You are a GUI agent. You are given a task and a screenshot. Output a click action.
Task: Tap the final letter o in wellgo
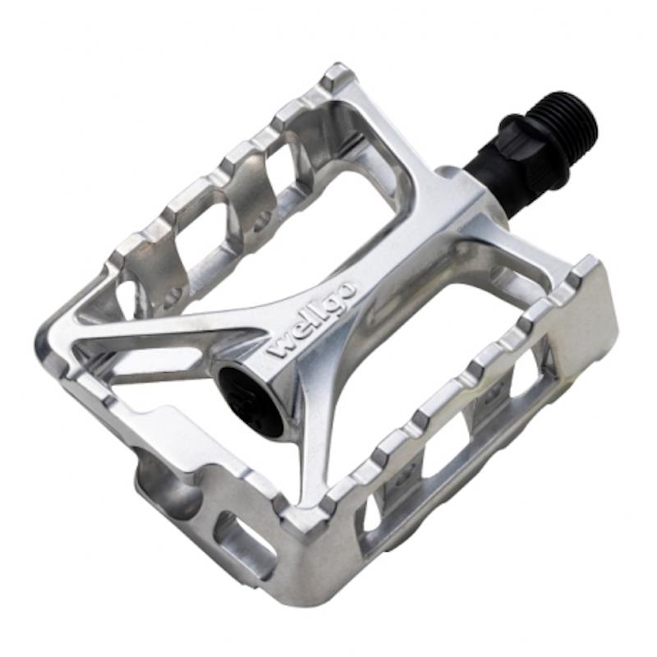point(348,289)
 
